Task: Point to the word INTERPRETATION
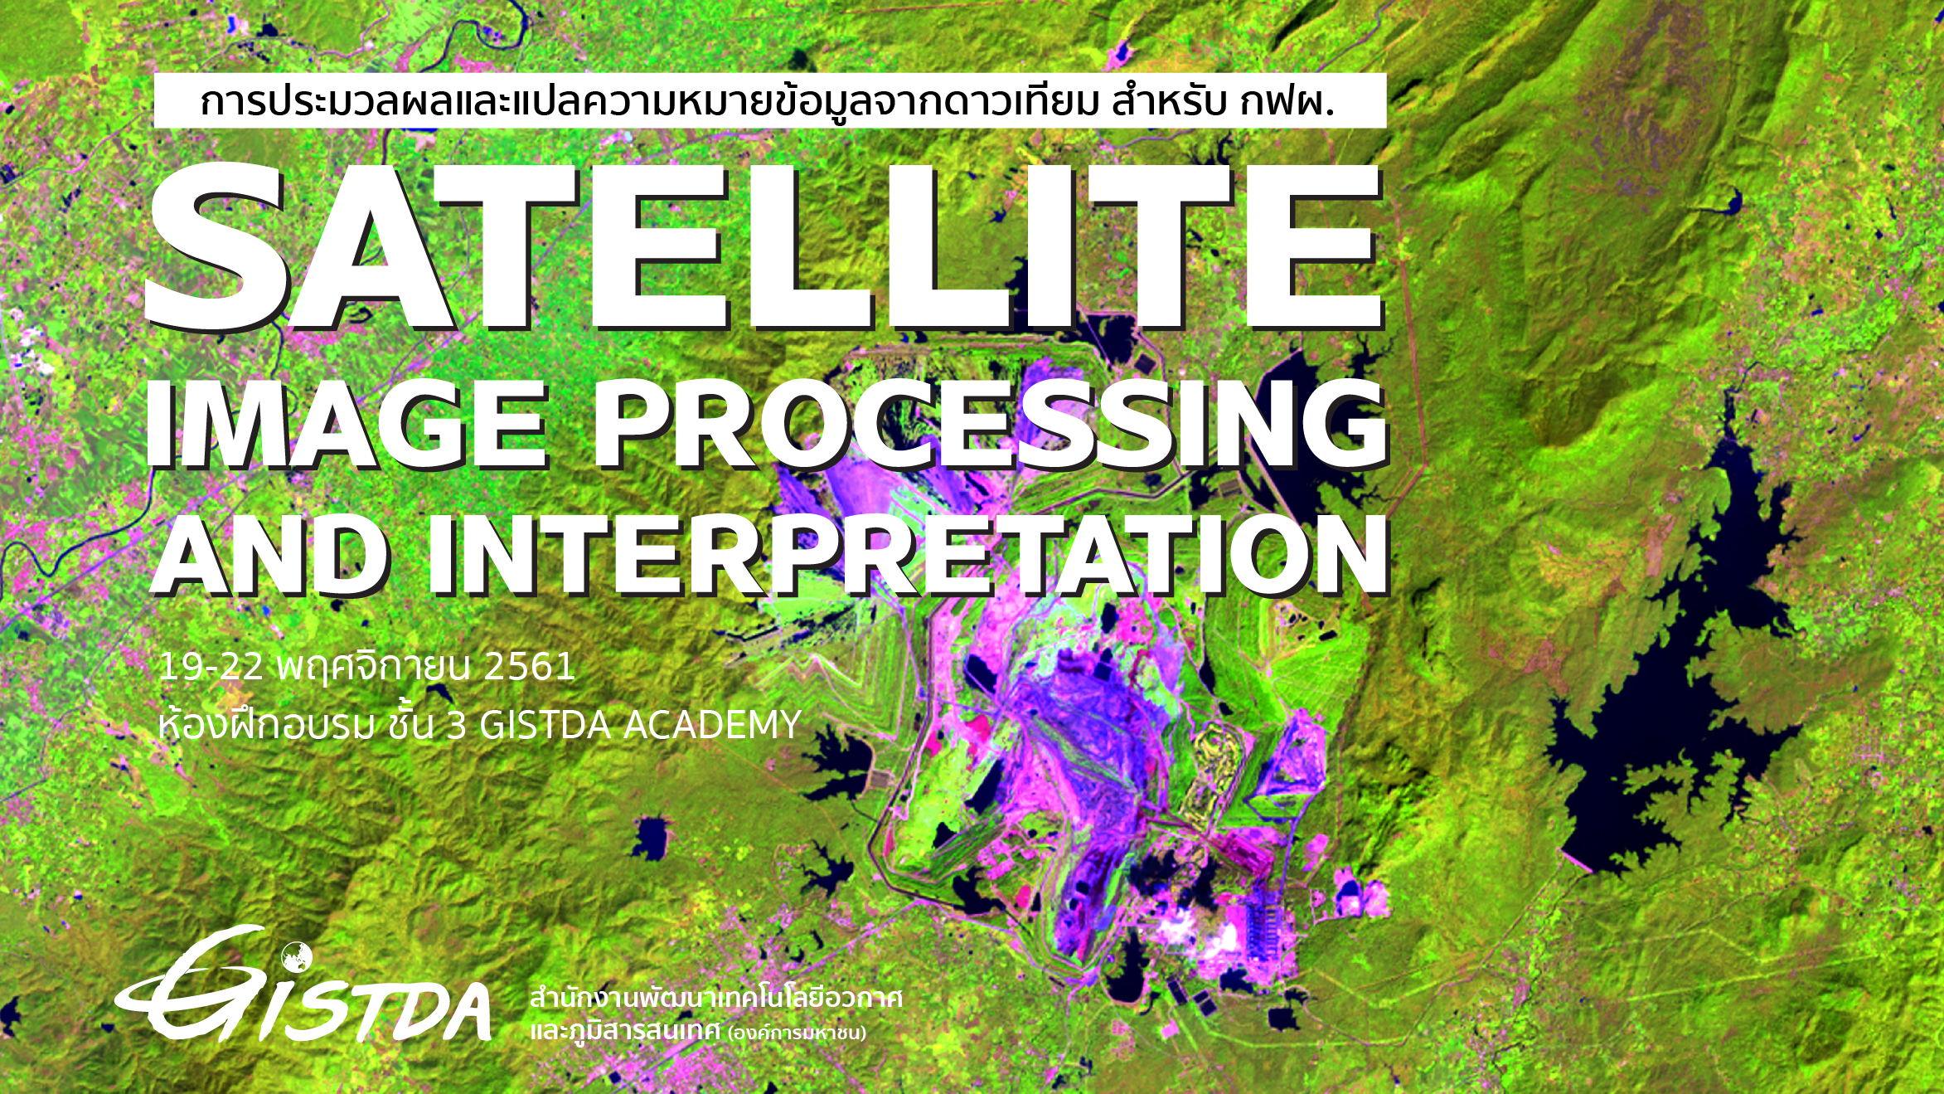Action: (909, 555)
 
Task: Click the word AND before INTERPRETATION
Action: (271, 555)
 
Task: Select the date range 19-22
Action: (211, 667)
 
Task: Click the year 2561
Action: (529, 667)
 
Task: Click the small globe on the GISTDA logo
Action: (296, 957)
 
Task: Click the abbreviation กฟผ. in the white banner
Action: (1287, 102)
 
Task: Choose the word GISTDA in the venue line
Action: (545, 725)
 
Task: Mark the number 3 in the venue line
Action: (456, 725)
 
